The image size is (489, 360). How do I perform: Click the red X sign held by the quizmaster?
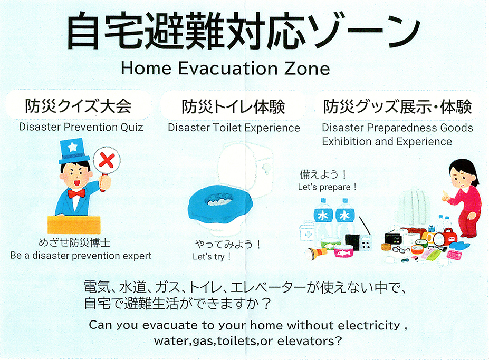point(107,160)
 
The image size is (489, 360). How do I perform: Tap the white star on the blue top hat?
point(72,147)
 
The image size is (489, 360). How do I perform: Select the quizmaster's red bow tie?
point(76,193)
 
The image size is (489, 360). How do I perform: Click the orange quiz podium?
point(74,225)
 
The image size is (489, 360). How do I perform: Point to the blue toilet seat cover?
point(219,203)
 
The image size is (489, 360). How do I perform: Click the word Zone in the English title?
point(307,69)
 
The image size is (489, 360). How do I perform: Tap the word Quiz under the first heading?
point(132,127)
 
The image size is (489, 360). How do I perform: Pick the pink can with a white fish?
point(343,250)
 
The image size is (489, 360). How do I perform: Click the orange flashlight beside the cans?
point(316,252)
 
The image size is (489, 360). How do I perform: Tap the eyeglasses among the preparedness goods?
point(401,249)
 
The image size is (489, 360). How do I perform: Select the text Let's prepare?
point(327,187)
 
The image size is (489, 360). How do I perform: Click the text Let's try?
point(212,257)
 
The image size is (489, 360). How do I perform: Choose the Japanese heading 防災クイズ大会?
point(78,106)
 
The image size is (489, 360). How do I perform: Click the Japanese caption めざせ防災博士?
point(74,242)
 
